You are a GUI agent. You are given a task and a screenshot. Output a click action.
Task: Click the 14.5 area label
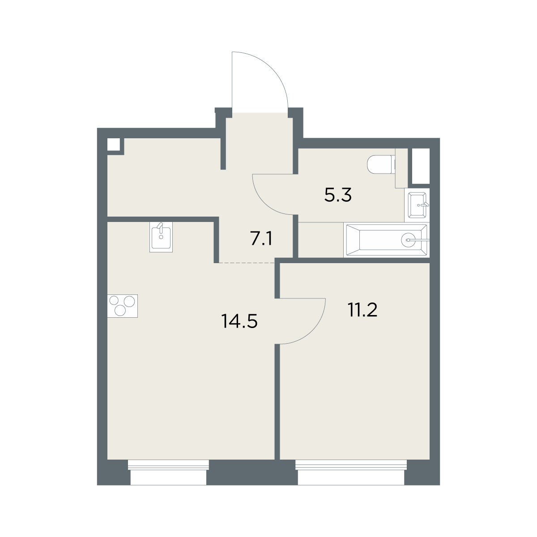click(x=239, y=321)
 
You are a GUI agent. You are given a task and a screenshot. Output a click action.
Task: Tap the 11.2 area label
click(x=362, y=310)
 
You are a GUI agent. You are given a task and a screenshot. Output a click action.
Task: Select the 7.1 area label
click(x=261, y=239)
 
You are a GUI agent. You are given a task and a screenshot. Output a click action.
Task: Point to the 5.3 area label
click(x=338, y=195)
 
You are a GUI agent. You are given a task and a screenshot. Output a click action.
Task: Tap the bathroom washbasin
click(x=417, y=205)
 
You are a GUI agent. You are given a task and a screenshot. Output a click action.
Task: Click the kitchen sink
click(x=161, y=237)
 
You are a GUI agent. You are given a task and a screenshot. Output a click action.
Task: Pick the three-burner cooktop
click(x=123, y=306)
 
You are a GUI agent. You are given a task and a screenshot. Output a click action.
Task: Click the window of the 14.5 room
click(x=168, y=472)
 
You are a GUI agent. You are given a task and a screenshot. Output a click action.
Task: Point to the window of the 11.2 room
click(x=351, y=472)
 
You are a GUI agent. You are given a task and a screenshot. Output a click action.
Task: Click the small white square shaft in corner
click(x=114, y=145)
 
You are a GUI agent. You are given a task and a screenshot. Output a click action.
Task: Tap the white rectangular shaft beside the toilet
click(x=421, y=166)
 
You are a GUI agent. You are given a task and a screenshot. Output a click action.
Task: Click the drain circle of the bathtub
click(x=408, y=240)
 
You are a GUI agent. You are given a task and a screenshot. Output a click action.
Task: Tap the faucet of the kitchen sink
click(x=160, y=227)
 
